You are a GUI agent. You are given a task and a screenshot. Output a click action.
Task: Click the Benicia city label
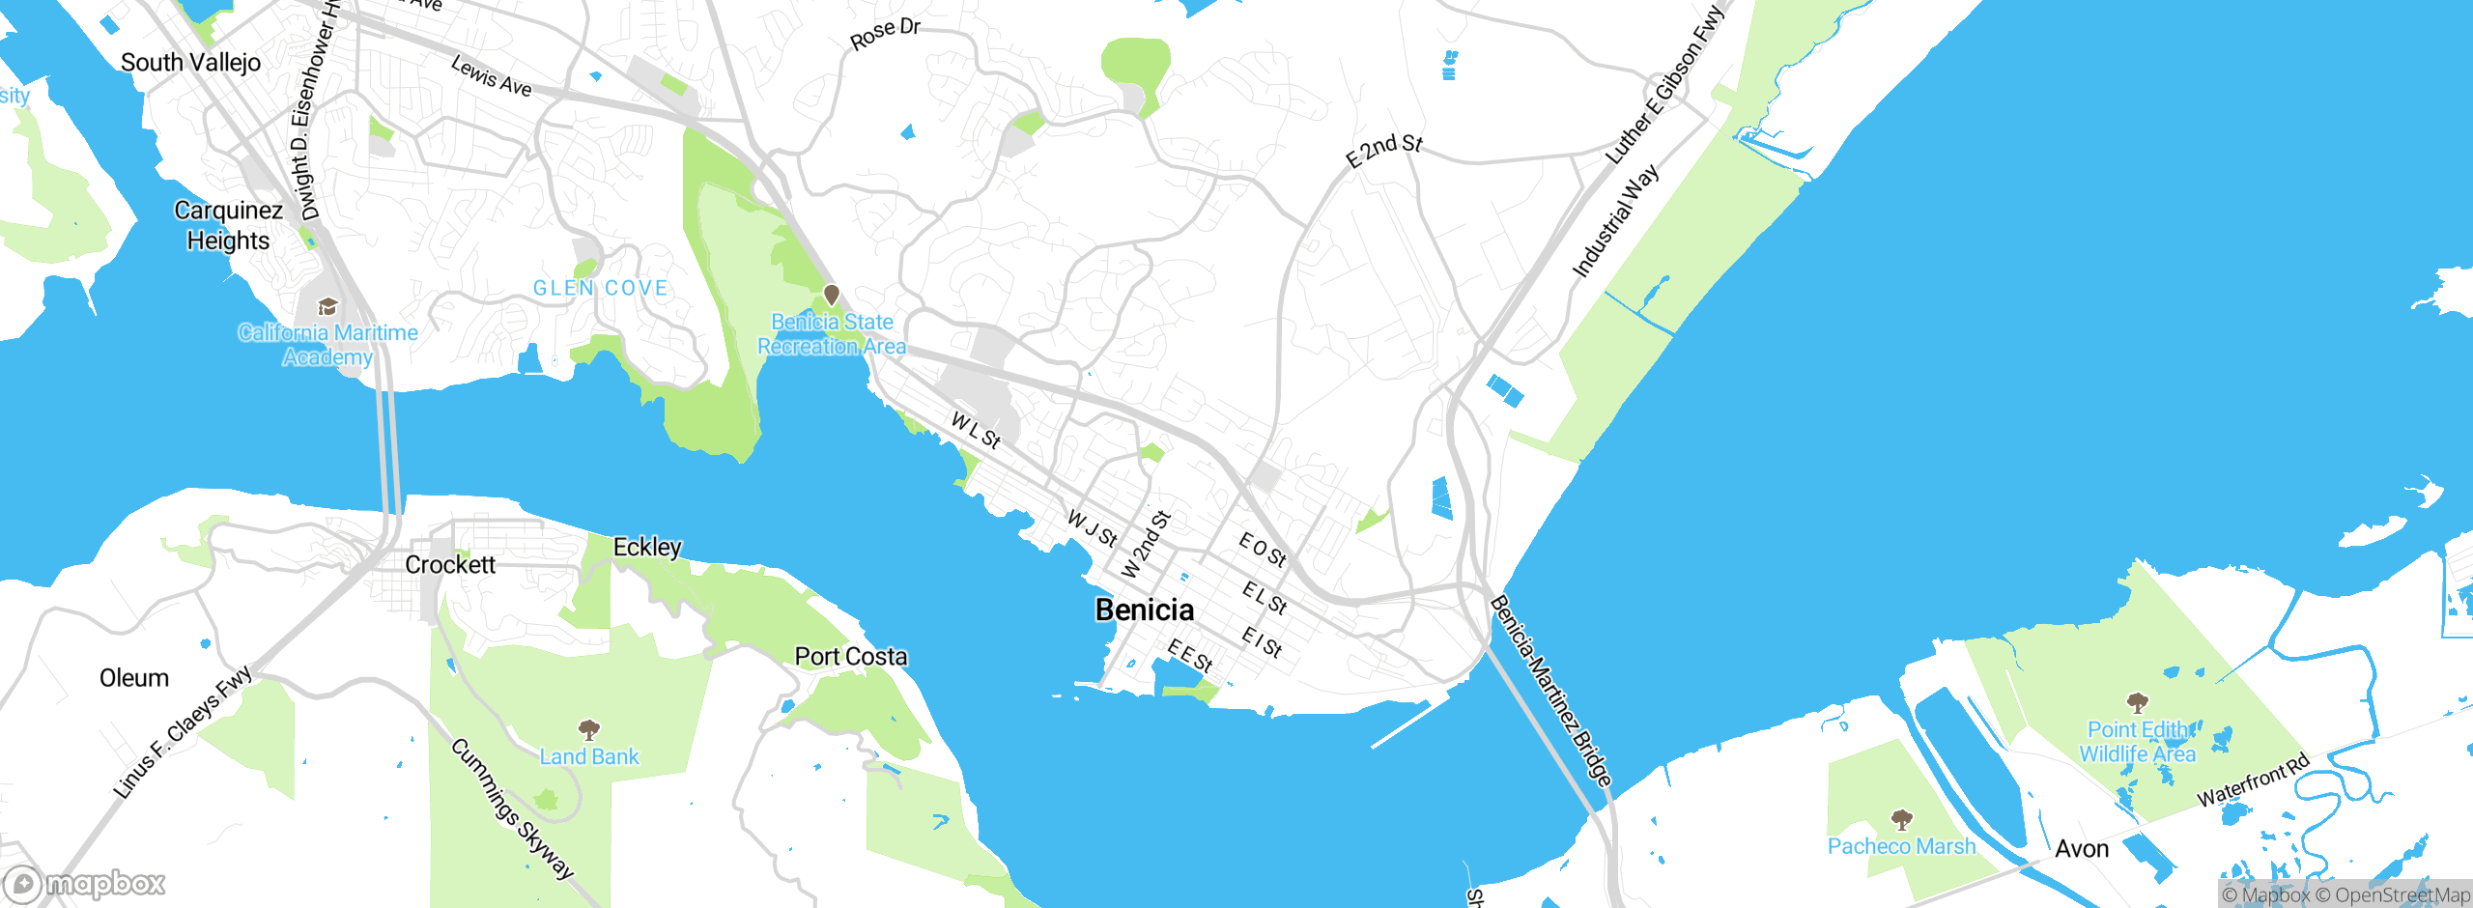point(1144,610)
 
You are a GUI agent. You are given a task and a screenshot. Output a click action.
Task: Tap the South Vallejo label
point(190,63)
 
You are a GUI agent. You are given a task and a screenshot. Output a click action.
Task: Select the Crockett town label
point(449,564)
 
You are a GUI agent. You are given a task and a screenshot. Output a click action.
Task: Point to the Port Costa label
point(850,657)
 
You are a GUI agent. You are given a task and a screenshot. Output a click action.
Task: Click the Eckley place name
point(647,547)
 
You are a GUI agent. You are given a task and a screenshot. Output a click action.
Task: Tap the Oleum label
point(134,678)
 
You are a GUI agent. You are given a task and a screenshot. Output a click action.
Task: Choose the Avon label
point(2081,849)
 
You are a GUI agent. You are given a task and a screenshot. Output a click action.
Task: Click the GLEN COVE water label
point(600,288)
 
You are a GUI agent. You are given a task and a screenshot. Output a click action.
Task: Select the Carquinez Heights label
point(229,225)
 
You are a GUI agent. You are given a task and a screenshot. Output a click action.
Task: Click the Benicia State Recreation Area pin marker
point(831,295)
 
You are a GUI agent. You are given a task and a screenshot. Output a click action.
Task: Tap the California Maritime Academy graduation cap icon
point(327,307)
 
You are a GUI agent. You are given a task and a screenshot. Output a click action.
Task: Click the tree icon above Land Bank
point(588,728)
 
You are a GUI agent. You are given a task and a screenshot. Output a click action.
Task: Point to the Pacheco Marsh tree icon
point(1901,820)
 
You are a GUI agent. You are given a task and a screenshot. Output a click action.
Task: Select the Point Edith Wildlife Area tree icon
point(2137,702)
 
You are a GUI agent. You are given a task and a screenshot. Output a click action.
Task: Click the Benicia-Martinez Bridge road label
point(1550,691)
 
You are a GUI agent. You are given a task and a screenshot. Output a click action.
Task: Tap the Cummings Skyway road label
point(512,809)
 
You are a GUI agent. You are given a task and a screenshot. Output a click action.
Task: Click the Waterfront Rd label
point(2253,780)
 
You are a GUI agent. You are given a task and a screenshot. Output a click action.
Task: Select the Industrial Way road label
point(1615,221)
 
